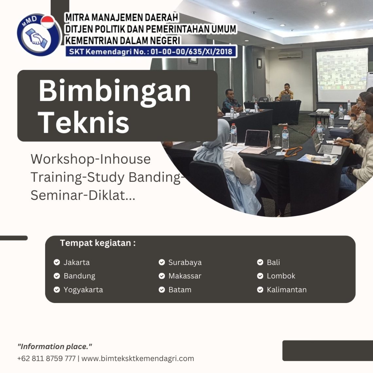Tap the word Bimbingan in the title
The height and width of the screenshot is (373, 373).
pos(115,91)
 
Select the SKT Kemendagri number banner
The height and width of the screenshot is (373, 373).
pos(151,51)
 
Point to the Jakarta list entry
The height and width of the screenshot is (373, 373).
pos(77,262)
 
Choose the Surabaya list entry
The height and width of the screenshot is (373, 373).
pos(185,262)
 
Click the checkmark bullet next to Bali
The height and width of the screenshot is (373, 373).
pos(260,262)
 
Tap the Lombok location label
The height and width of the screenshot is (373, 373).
pos(281,276)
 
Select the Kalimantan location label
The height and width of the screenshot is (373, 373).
pos(287,290)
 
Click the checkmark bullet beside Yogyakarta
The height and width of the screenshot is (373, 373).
pos(57,290)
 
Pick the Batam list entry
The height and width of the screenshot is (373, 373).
pos(180,290)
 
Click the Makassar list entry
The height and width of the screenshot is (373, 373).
pos(185,276)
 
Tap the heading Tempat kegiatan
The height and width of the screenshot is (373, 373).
pos(98,243)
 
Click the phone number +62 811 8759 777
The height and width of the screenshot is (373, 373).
pos(46,359)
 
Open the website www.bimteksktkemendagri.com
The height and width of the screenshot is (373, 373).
pos(138,359)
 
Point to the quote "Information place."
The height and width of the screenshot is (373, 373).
pos(55,346)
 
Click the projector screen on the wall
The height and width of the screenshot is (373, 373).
pos(342,75)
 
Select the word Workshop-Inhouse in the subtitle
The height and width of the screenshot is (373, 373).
pos(91,159)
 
